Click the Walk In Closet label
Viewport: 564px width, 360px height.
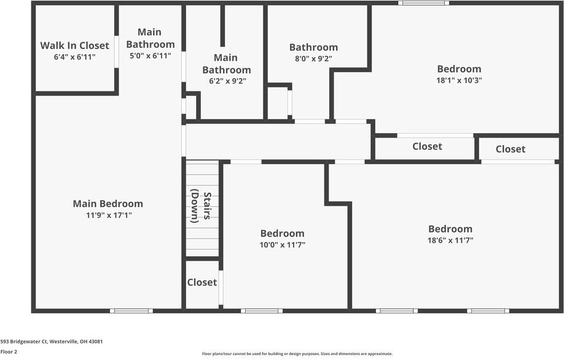(x=74, y=45)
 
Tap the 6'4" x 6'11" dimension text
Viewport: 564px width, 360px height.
(x=74, y=57)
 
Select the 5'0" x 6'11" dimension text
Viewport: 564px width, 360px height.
(x=151, y=56)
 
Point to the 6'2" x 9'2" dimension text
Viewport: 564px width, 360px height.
(x=227, y=81)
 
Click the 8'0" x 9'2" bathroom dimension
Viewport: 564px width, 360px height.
(x=313, y=58)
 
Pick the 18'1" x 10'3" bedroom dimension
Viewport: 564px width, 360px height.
(x=459, y=80)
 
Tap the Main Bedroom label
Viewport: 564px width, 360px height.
(x=108, y=204)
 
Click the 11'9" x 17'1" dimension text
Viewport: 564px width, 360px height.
(x=109, y=216)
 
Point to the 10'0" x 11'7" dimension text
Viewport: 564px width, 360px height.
(x=283, y=245)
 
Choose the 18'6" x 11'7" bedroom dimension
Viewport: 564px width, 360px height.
(x=450, y=240)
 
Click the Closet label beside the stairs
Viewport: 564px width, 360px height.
(x=202, y=283)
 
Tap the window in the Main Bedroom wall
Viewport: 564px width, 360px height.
(x=131, y=311)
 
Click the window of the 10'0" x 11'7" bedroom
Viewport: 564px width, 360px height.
(x=262, y=311)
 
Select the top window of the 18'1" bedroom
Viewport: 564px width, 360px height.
(x=423, y=3)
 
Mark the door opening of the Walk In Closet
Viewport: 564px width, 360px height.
(x=116, y=52)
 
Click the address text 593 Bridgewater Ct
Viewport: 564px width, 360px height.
(x=23, y=342)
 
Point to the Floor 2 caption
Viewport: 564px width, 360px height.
(x=9, y=352)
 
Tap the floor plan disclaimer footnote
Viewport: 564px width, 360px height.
(x=297, y=354)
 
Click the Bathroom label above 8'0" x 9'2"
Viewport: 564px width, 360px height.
(x=313, y=47)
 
